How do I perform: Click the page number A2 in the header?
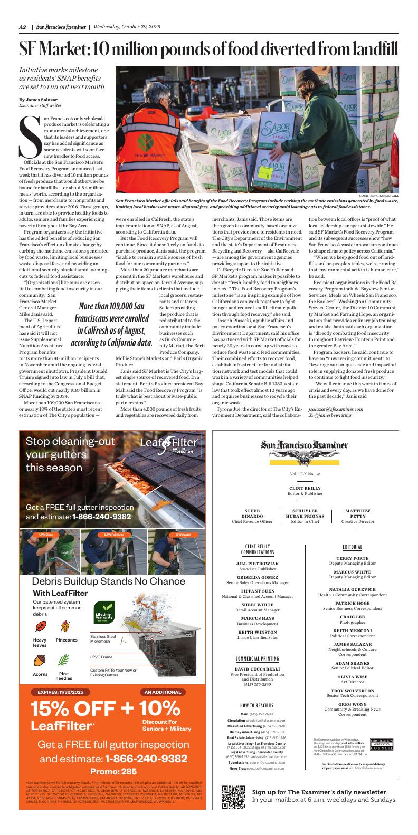point(23,27)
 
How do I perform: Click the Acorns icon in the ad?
point(40,660)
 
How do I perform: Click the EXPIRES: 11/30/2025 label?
point(60,692)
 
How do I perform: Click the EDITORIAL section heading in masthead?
point(352,547)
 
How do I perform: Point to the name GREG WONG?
point(352,704)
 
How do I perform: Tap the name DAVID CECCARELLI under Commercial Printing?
point(257,668)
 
